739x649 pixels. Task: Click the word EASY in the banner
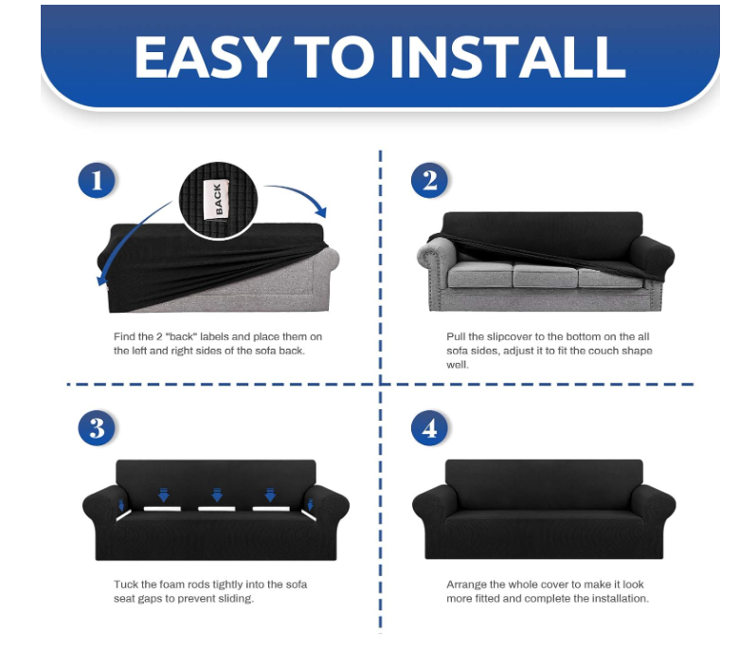206,57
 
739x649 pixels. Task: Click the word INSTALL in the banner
508,57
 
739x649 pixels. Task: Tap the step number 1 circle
97,180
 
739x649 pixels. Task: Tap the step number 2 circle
429,180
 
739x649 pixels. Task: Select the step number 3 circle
97,428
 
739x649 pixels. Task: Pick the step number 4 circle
429,428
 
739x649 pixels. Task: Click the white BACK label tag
217,199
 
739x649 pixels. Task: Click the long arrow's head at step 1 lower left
100,279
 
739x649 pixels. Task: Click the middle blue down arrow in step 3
217,495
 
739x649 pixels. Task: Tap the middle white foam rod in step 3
217,509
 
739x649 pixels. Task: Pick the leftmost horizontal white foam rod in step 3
162,509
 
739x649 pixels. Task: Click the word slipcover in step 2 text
509,337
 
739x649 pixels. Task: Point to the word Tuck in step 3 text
126,585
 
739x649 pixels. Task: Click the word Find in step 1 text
124,337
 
